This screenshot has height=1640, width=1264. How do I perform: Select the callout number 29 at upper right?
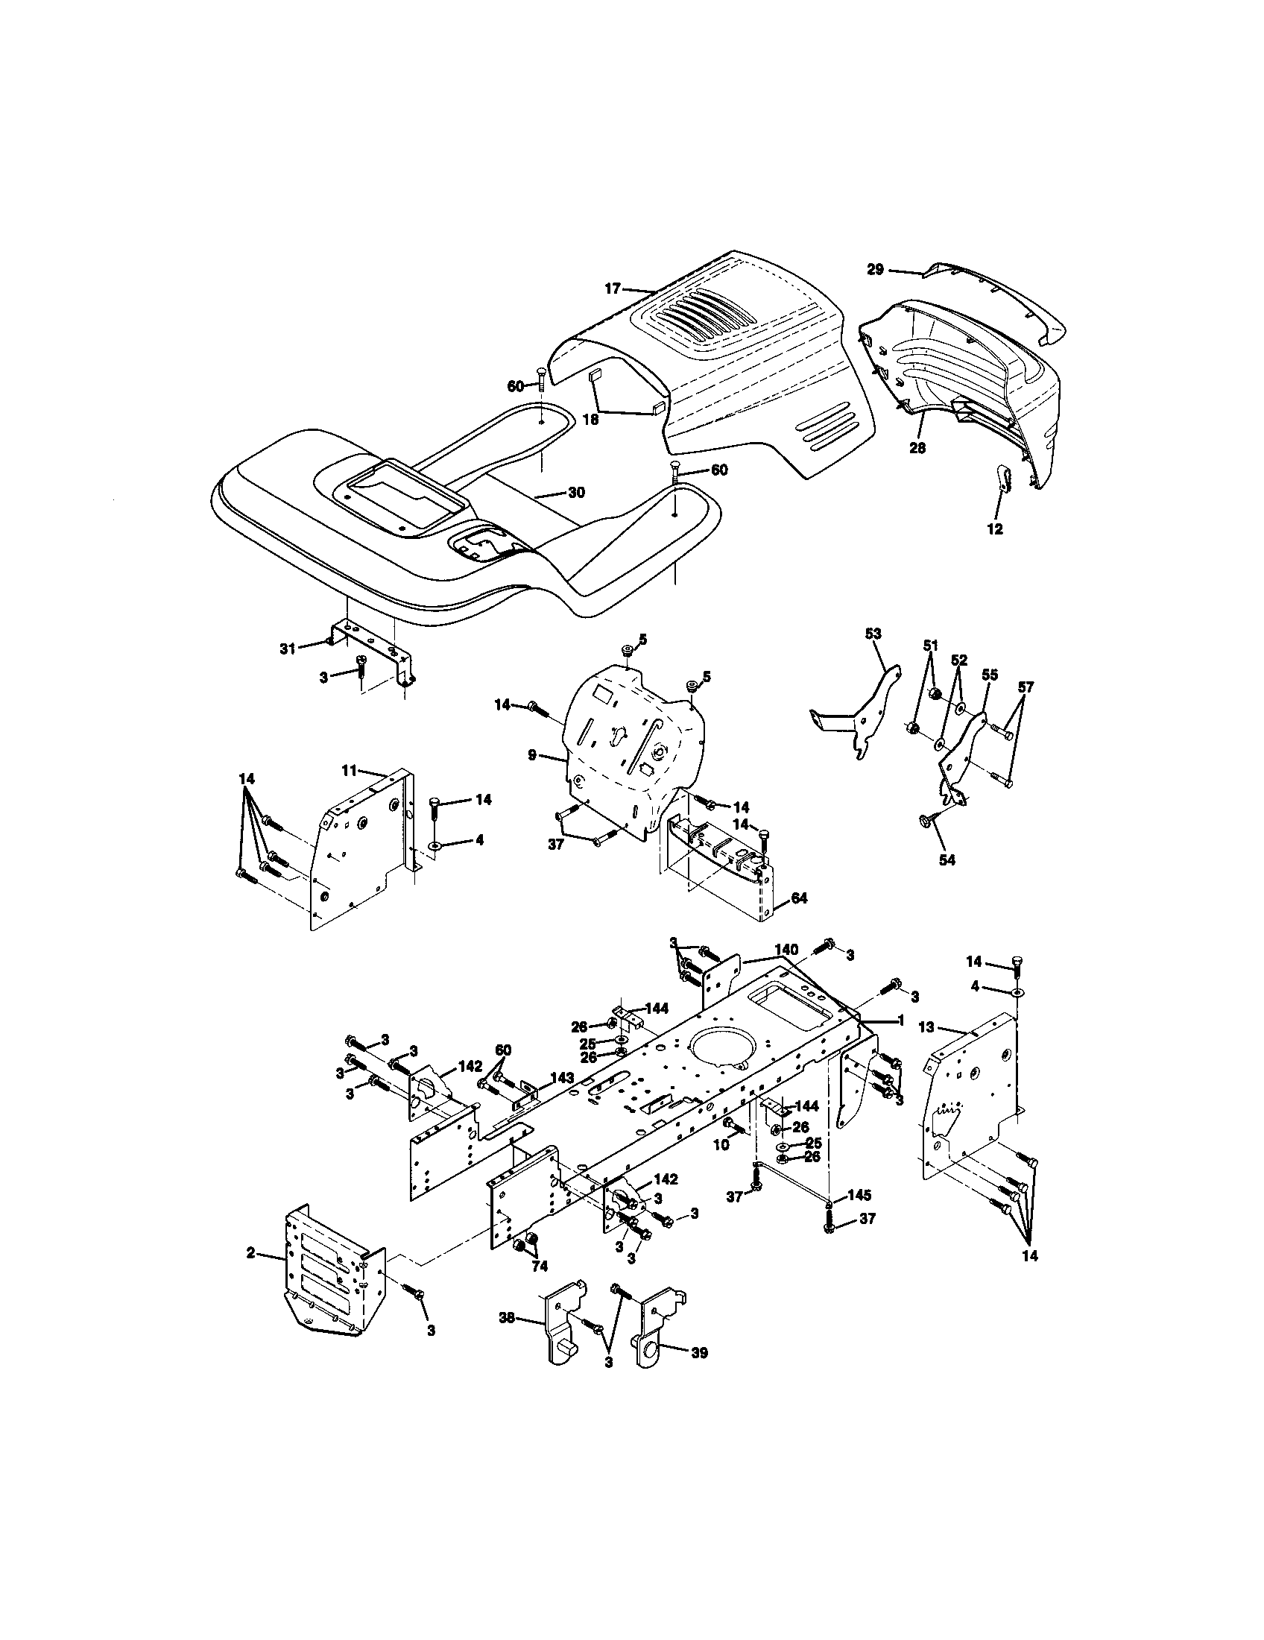(875, 270)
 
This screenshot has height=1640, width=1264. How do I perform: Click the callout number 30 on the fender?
(575, 493)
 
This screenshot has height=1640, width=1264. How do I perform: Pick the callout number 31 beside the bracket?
(288, 649)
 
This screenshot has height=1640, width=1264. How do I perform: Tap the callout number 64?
(799, 898)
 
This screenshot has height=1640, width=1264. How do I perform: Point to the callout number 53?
(873, 634)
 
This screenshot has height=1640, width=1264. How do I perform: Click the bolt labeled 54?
(925, 823)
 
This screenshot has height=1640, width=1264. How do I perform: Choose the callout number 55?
(989, 676)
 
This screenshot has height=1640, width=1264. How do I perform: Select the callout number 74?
(539, 1266)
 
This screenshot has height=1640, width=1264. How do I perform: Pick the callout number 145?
(859, 1194)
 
